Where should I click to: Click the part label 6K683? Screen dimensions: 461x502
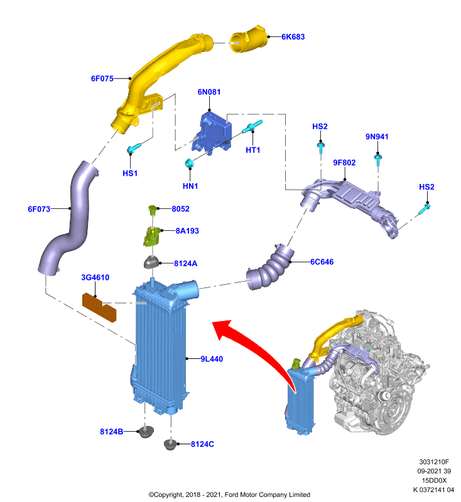(x=293, y=37)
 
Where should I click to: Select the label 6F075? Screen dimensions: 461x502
(x=102, y=78)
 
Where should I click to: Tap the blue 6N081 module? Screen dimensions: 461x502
(x=212, y=132)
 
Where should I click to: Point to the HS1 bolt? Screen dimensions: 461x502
(x=134, y=149)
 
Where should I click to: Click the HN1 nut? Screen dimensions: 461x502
(x=189, y=163)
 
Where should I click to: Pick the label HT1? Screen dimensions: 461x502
(x=252, y=150)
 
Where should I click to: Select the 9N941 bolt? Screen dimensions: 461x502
(x=377, y=159)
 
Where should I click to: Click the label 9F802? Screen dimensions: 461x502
(x=344, y=163)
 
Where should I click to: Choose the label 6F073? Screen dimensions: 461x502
(x=39, y=209)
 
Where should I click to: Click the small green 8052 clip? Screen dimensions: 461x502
(x=153, y=209)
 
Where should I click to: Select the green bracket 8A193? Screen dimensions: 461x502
(x=151, y=237)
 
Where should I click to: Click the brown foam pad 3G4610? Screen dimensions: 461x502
(x=99, y=307)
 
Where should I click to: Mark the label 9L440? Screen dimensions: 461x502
(x=212, y=359)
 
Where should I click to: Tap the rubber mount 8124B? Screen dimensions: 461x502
(x=146, y=432)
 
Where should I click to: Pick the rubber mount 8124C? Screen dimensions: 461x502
(x=170, y=444)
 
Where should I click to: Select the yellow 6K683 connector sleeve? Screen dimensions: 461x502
(x=248, y=39)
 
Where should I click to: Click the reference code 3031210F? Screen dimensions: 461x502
(x=434, y=462)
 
